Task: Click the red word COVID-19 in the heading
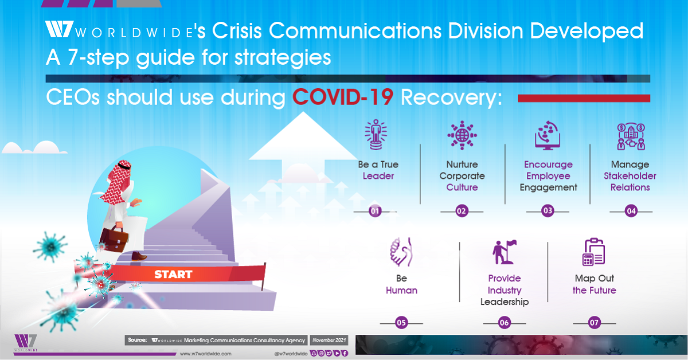343,97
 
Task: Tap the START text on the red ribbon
173,274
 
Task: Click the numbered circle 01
376,212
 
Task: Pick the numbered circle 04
631,212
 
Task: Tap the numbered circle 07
594,323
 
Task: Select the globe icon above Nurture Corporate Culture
462,135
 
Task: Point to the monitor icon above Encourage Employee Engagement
548,135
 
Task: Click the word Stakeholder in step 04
630,176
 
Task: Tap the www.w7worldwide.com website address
205,354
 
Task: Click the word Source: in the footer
138,340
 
